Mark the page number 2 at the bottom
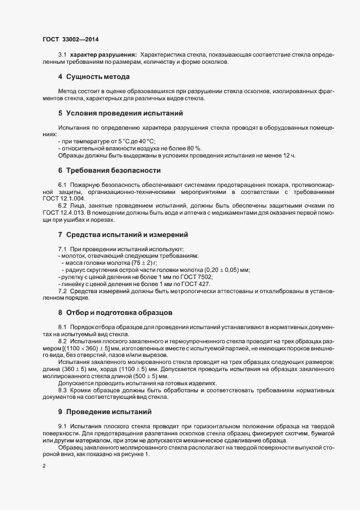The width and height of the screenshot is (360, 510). click(44, 466)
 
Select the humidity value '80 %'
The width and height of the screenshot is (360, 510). click(194, 148)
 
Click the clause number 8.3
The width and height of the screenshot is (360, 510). click(62, 390)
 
